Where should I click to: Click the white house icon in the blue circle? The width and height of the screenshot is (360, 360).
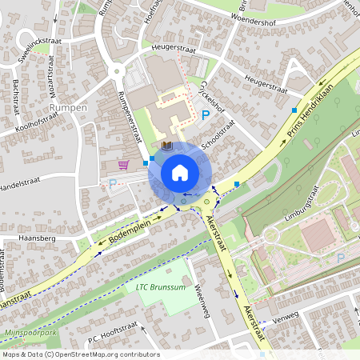click(179, 172)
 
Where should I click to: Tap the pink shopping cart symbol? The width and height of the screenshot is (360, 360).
click(123, 165)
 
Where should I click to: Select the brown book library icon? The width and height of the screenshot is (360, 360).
click(166, 146)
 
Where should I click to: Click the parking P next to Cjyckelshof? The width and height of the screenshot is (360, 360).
click(206, 116)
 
